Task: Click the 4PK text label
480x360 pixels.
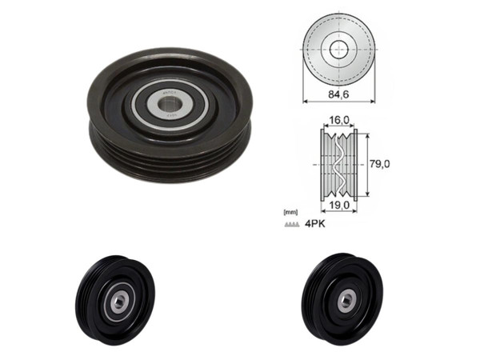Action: click(x=314, y=225)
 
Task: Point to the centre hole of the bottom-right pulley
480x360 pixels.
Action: click(x=346, y=298)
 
